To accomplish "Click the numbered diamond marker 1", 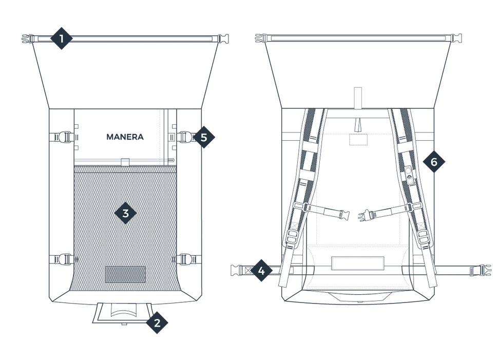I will [62, 39].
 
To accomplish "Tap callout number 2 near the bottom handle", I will [157, 323].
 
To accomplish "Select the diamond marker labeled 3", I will [125, 213].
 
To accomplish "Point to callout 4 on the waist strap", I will [261, 270].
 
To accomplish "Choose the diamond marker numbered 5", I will [204, 137].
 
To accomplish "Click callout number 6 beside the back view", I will [434, 162].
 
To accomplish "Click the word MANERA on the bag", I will [125, 137].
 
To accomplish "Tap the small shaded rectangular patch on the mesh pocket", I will [125, 274].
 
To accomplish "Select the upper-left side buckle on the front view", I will [63, 137].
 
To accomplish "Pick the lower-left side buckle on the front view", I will [64, 259].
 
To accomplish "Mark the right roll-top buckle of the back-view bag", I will [456, 38].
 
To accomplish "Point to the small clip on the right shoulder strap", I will [410, 174].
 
